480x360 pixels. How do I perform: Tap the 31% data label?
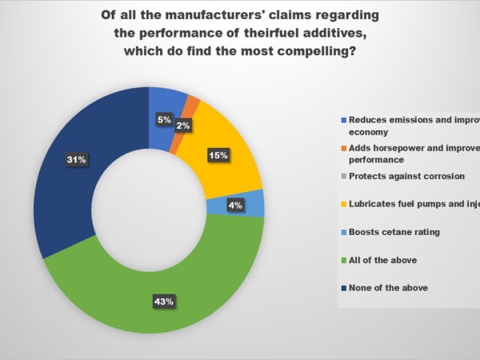77,160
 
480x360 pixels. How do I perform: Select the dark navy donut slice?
72,184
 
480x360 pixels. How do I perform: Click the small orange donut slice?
191,102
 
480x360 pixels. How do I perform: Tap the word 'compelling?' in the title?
320,51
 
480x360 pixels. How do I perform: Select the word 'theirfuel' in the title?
282,34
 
